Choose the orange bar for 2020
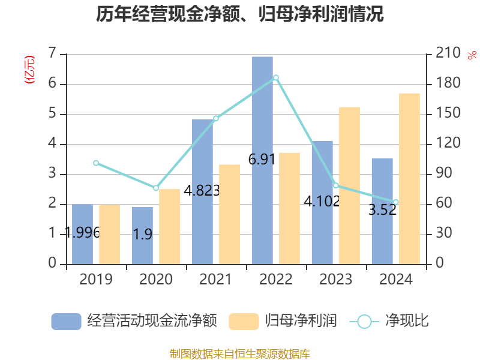(x=169, y=227)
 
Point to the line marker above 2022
(x=276, y=77)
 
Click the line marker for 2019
(x=96, y=163)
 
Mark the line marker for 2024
(x=396, y=202)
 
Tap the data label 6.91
(x=262, y=160)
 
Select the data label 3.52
(x=382, y=210)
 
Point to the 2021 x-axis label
(x=216, y=280)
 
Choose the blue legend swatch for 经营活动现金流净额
(x=66, y=322)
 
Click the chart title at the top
(x=240, y=14)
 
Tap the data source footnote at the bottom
(x=240, y=353)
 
